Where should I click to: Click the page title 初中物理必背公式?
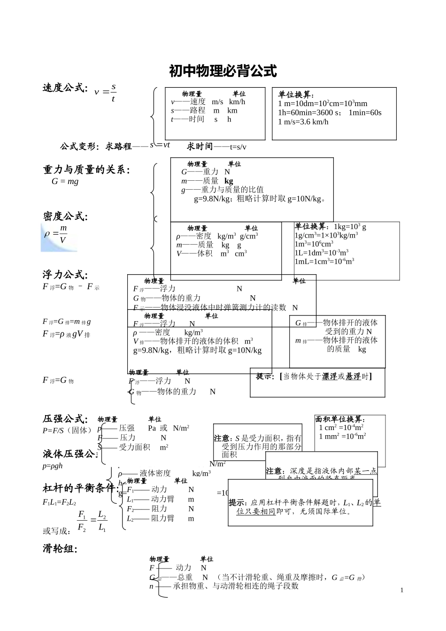tap(223, 71)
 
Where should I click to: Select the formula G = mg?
tap(65, 181)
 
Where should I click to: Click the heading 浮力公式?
tap(65, 275)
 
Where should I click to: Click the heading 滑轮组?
tap(60, 548)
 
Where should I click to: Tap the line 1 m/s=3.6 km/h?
tap(303, 122)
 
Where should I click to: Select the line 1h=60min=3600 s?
tap(310, 113)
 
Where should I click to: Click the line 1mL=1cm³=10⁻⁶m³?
tap(324, 262)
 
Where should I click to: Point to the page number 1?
tap(402, 590)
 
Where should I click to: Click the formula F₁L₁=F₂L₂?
tap(59, 502)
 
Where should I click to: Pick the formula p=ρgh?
tap(52, 466)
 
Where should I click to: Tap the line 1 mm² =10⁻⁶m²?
tap(342, 436)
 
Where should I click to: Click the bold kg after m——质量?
tap(229, 181)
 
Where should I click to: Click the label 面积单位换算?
tap(340, 419)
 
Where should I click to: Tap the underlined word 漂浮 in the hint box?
tap(329, 377)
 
